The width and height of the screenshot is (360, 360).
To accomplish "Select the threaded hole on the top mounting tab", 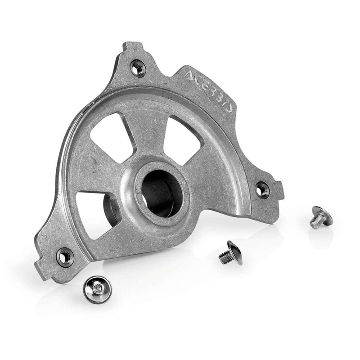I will pos(137,68).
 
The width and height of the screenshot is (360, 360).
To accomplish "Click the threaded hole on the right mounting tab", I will pos(262,189).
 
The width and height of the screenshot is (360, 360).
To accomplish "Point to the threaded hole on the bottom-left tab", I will pos(65,256).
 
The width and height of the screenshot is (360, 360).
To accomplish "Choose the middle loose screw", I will pos(229,252).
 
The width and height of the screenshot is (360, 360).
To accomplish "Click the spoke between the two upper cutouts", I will pos(148,130).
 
